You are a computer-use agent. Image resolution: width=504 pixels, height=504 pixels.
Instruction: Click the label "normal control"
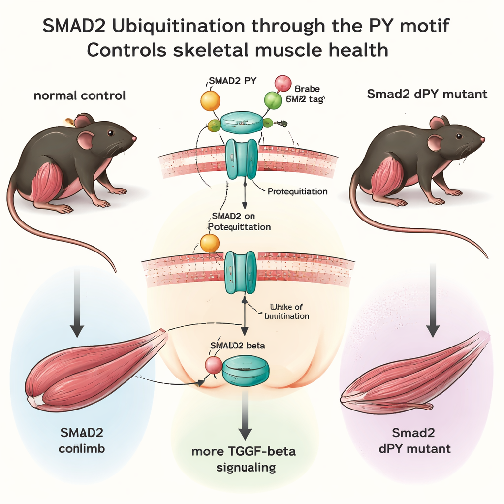click(x=79, y=95)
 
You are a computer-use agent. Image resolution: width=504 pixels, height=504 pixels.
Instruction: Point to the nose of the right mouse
click(x=482, y=140)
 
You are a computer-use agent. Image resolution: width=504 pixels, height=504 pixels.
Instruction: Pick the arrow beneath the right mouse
click(x=433, y=300)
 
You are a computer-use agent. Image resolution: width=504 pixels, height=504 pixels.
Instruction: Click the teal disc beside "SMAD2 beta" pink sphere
click(x=246, y=371)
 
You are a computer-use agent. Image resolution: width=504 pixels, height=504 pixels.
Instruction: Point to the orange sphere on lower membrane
click(x=210, y=243)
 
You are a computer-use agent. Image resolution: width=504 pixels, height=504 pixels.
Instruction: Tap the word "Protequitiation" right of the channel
click(x=297, y=191)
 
